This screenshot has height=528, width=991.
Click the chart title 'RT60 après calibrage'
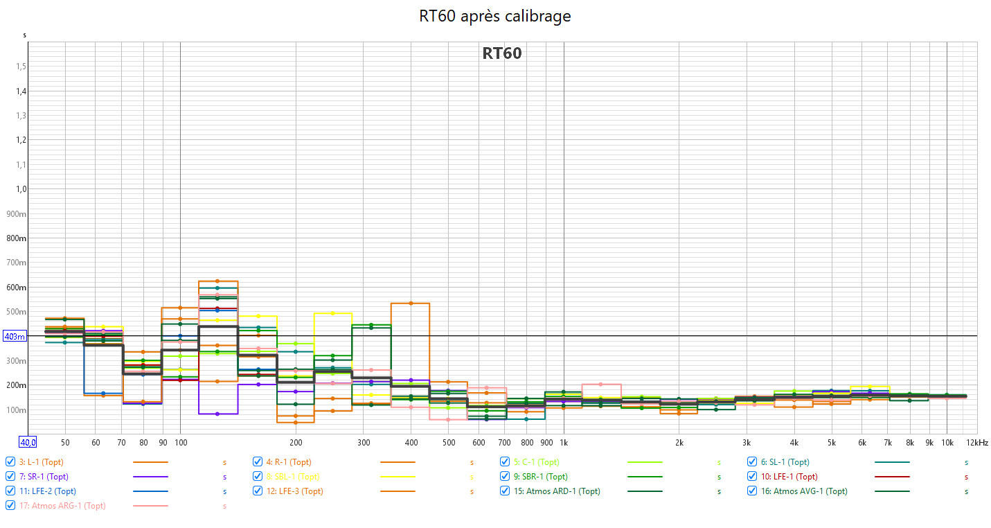click(x=495, y=16)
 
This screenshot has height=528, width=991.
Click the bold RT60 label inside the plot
click(x=501, y=53)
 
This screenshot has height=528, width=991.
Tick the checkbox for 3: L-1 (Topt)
click(x=10, y=462)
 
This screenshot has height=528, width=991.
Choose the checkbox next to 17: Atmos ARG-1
click(x=10, y=506)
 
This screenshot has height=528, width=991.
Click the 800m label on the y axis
click(x=16, y=238)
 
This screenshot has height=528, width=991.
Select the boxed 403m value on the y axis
click(x=15, y=337)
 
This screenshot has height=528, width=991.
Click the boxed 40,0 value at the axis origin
click(x=28, y=442)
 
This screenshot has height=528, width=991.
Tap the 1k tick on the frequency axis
click(x=564, y=442)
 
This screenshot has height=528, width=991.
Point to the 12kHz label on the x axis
click(x=977, y=442)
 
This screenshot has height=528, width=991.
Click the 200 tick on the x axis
click(x=296, y=442)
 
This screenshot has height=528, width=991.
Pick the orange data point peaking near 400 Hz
click(x=410, y=303)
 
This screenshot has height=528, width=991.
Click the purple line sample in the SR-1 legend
click(x=150, y=477)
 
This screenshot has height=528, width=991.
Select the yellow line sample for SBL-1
click(x=398, y=477)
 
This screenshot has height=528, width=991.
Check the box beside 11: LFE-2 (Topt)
click(x=10, y=491)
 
